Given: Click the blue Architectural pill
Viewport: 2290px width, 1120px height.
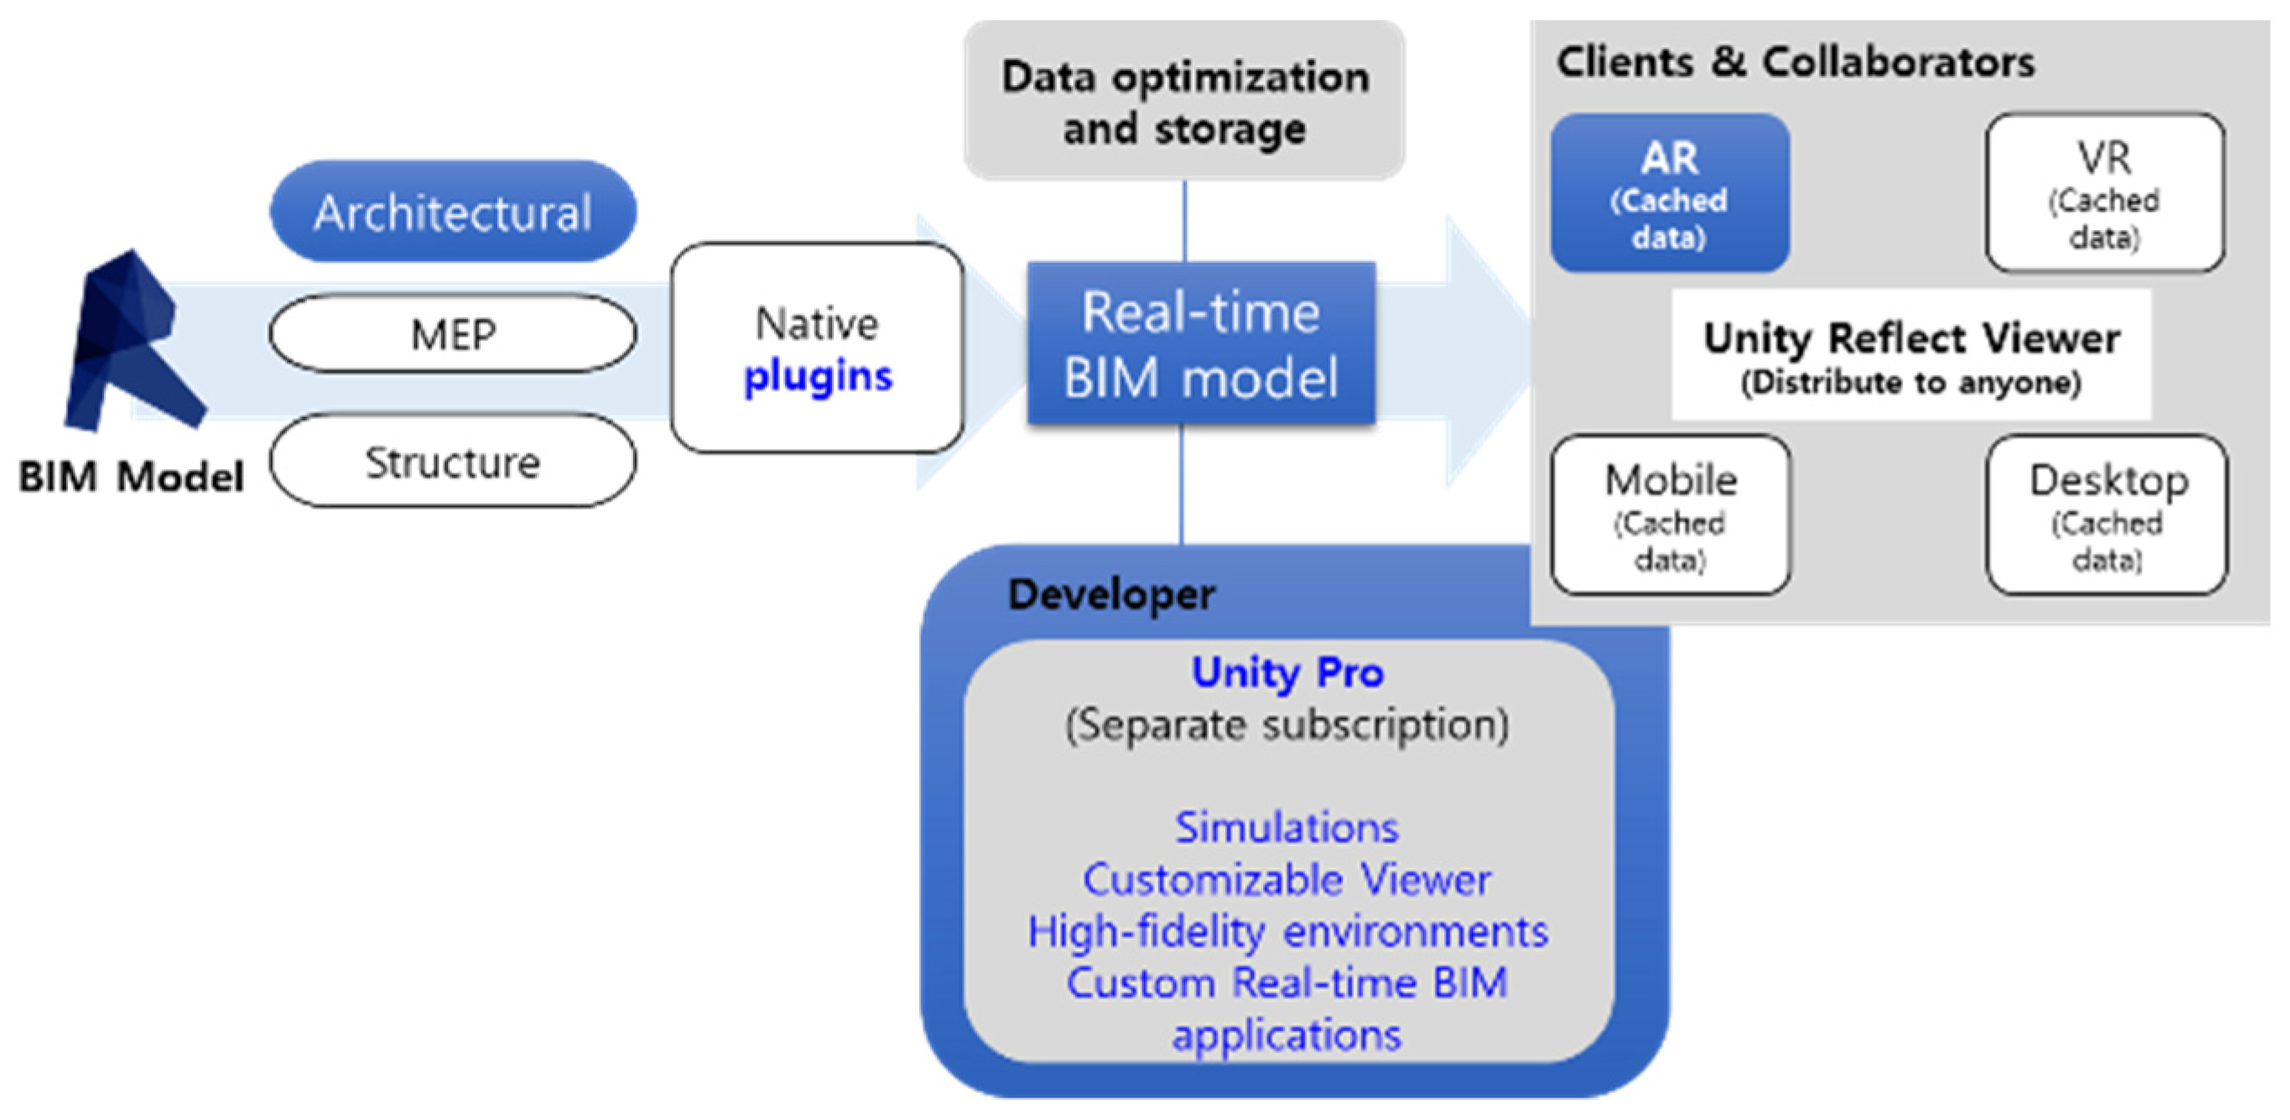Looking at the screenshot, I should coord(453,212).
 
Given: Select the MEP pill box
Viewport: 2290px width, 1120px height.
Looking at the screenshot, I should coord(453,334).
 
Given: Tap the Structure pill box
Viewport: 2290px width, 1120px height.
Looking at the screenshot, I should coord(453,462).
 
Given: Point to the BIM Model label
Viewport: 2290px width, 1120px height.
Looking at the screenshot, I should coord(131,476).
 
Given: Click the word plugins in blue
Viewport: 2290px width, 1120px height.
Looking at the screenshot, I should coord(818,377).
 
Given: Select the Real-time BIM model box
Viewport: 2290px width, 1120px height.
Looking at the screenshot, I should coord(1201,344).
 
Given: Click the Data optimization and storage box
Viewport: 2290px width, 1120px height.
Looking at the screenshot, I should coord(1184,101).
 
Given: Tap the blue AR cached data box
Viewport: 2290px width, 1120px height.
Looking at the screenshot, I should coord(1669,193).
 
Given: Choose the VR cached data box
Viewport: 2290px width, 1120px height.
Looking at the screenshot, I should coord(2104,193).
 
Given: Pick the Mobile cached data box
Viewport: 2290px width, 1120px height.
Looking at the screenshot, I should coord(1670,515).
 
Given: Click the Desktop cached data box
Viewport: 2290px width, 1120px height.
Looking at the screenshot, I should coord(2106,515).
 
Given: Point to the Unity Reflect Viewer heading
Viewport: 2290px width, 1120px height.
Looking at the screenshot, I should coord(1911,338).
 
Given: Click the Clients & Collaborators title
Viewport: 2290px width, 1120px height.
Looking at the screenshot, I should coord(1795,62).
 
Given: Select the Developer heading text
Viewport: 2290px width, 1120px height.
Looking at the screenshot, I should coord(1111,595).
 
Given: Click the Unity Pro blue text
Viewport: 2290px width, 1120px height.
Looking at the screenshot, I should coord(1287,673).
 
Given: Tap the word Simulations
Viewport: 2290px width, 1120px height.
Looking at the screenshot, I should coord(1287,828).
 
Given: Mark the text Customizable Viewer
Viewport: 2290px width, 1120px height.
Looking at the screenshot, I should coord(1287,880).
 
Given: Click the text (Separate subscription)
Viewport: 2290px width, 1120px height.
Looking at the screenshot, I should coord(1287,724).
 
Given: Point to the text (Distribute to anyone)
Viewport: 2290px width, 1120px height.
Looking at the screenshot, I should coord(1911,383).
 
